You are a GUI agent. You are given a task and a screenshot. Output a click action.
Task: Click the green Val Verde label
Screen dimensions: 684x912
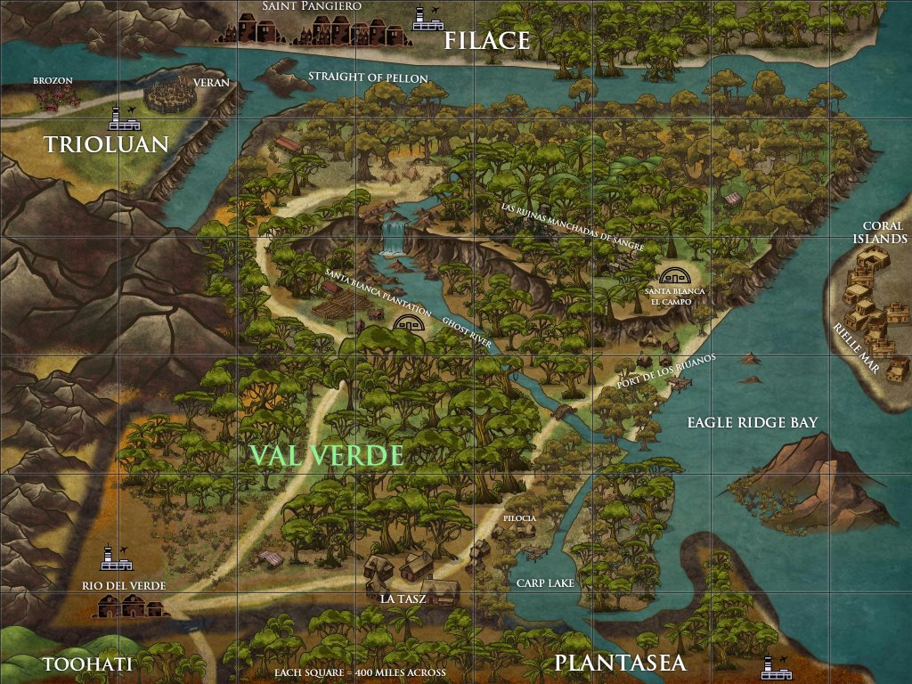(327, 455)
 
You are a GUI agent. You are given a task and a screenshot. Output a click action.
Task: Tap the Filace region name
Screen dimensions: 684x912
(487, 40)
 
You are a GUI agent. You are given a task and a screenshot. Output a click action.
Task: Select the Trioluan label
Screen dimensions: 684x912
(106, 144)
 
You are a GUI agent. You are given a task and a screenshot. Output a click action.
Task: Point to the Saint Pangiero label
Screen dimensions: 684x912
(311, 6)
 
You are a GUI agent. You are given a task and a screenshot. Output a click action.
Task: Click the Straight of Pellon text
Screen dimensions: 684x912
(368, 77)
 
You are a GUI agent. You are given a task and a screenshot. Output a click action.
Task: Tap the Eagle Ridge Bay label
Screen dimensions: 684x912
(752, 422)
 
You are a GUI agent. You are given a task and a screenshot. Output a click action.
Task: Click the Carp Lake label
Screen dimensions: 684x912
(545, 582)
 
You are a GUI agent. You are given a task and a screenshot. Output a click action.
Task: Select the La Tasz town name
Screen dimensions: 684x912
(403, 598)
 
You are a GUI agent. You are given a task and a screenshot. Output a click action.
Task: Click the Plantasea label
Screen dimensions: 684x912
(620, 664)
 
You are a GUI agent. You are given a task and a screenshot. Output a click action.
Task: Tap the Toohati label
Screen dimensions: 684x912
(87, 664)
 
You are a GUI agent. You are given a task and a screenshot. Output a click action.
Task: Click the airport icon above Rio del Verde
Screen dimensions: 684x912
(111, 557)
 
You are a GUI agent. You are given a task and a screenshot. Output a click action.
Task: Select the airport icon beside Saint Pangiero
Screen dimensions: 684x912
(423, 17)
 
